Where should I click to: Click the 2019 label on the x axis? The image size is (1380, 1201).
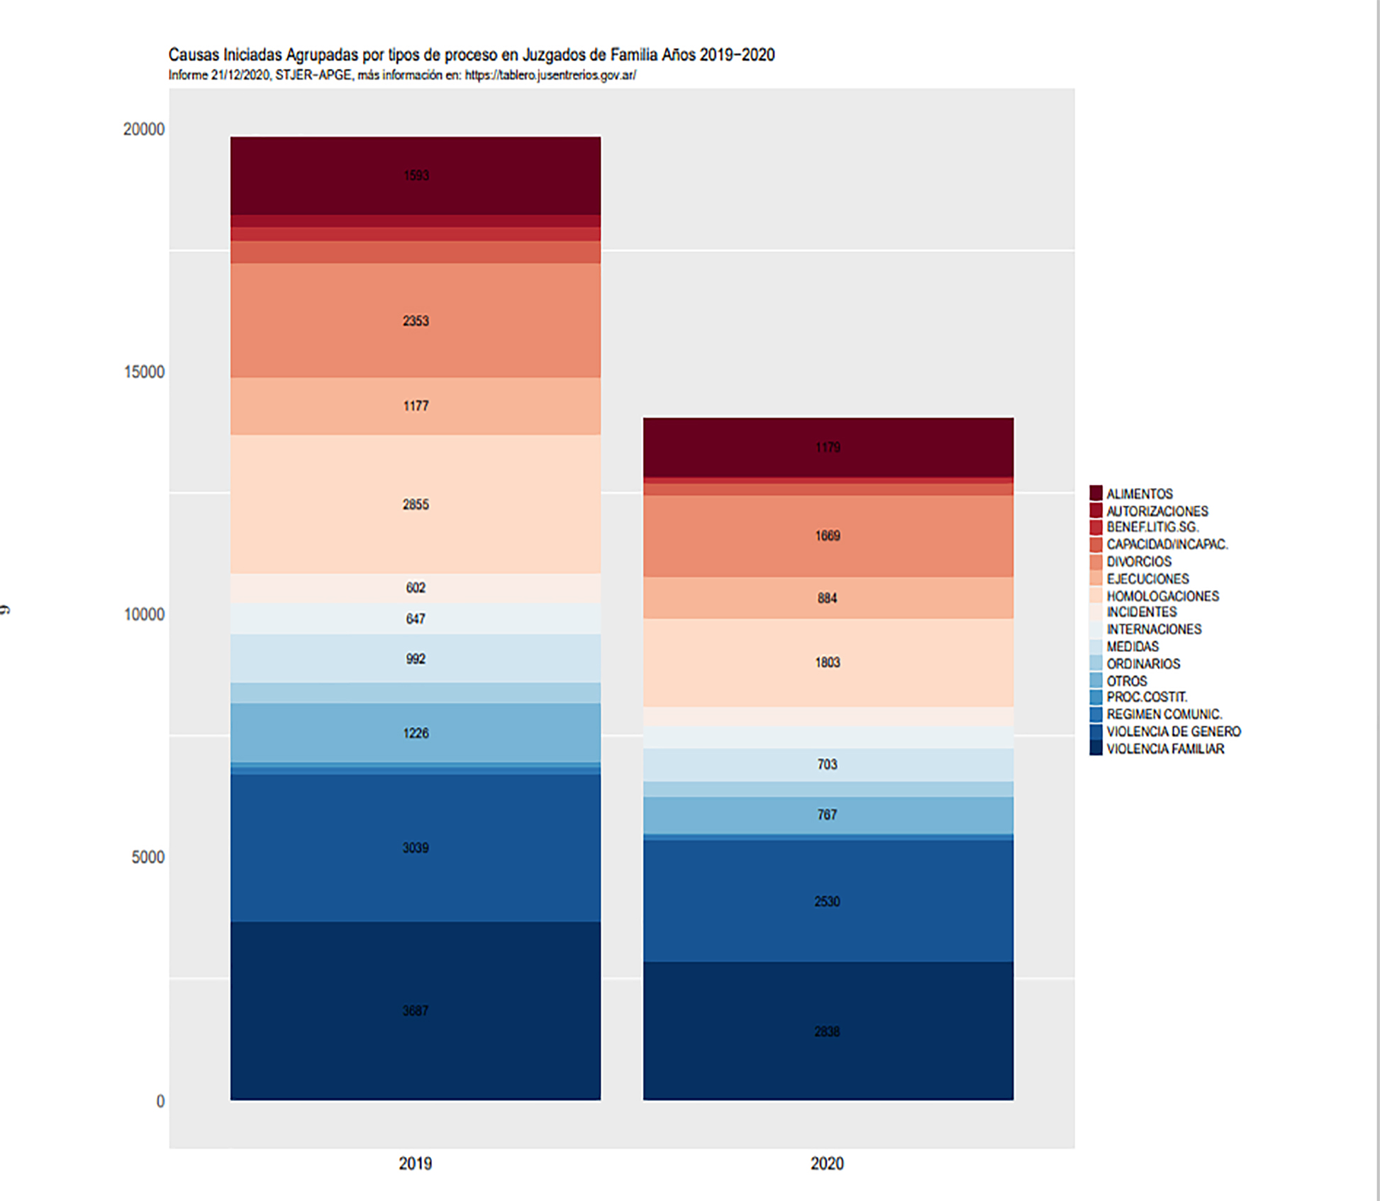(x=415, y=1163)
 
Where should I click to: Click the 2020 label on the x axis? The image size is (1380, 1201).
(x=827, y=1163)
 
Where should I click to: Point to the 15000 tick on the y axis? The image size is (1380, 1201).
(x=144, y=372)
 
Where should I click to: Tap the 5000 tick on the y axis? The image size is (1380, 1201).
(x=148, y=857)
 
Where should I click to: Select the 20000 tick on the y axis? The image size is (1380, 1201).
(x=144, y=129)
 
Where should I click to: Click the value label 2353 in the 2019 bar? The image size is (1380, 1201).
(x=416, y=321)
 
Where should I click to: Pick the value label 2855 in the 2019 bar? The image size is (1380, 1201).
(x=416, y=504)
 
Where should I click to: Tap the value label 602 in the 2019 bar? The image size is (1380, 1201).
(x=416, y=587)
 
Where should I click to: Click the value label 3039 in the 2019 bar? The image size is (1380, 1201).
(x=416, y=848)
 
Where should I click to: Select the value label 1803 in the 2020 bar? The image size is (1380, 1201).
(x=828, y=663)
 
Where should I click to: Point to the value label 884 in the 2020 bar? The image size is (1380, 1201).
(x=828, y=598)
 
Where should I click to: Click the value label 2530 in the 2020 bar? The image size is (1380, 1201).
(x=828, y=902)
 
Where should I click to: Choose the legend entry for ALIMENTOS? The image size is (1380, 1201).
(x=1139, y=494)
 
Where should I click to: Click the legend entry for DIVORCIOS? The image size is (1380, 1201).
(x=1139, y=562)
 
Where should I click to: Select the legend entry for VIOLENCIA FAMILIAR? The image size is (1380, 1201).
(x=1164, y=749)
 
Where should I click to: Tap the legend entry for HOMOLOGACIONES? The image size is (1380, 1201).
(x=1162, y=596)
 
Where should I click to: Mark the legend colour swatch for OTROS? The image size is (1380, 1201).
(x=1096, y=681)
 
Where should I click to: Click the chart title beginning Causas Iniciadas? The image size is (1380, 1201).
(x=471, y=55)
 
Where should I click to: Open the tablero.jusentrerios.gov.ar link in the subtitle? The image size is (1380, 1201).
(x=550, y=75)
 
